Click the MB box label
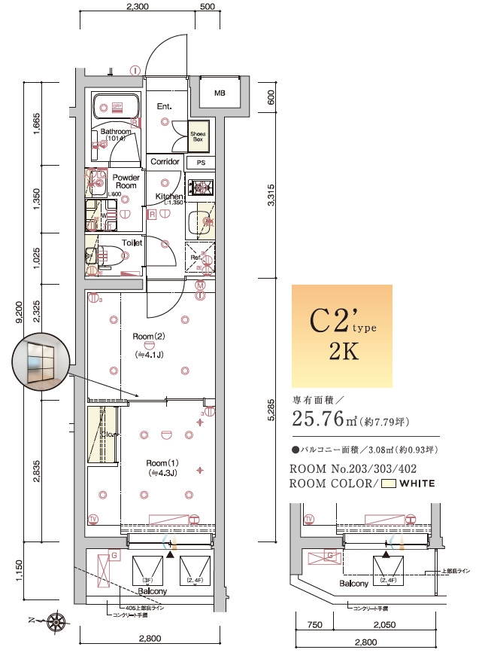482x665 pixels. click(220, 94)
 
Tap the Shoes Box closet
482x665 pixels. click(198, 136)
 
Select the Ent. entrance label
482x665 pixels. click(165, 106)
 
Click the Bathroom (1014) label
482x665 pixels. click(116, 135)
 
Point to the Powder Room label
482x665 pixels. click(126, 182)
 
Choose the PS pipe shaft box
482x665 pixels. click(201, 163)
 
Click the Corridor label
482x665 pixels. click(165, 162)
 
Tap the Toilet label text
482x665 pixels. click(132, 243)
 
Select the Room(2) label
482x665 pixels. click(148, 337)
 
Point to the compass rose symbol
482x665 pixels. click(56, 622)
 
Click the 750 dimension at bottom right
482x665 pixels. click(316, 625)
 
